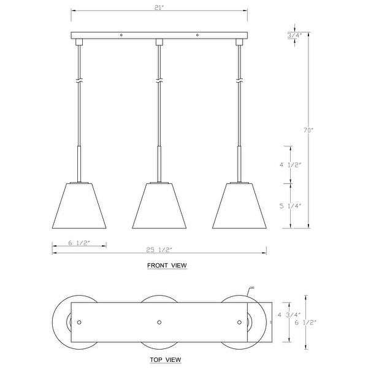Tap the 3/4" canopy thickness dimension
pyautogui.click(x=294, y=36)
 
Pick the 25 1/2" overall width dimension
pyautogui.click(x=158, y=249)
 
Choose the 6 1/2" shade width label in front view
pyautogui.click(x=79, y=243)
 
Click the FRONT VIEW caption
pyautogui.click(x=167, y=266)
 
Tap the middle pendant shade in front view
pyautogui.click(x=159, y=205)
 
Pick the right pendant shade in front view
pyautogui.click(x=239, y=205)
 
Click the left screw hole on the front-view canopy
pyautogui.click(x=121, y=35)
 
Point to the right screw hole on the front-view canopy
pyautogui.click(x=197, y=35)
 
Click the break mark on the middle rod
pyautogui.click(x=159, y=81)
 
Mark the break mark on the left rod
pyautogui.click(x=79, y=81)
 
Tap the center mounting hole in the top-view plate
pyautogui.click(x=159, y=321)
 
